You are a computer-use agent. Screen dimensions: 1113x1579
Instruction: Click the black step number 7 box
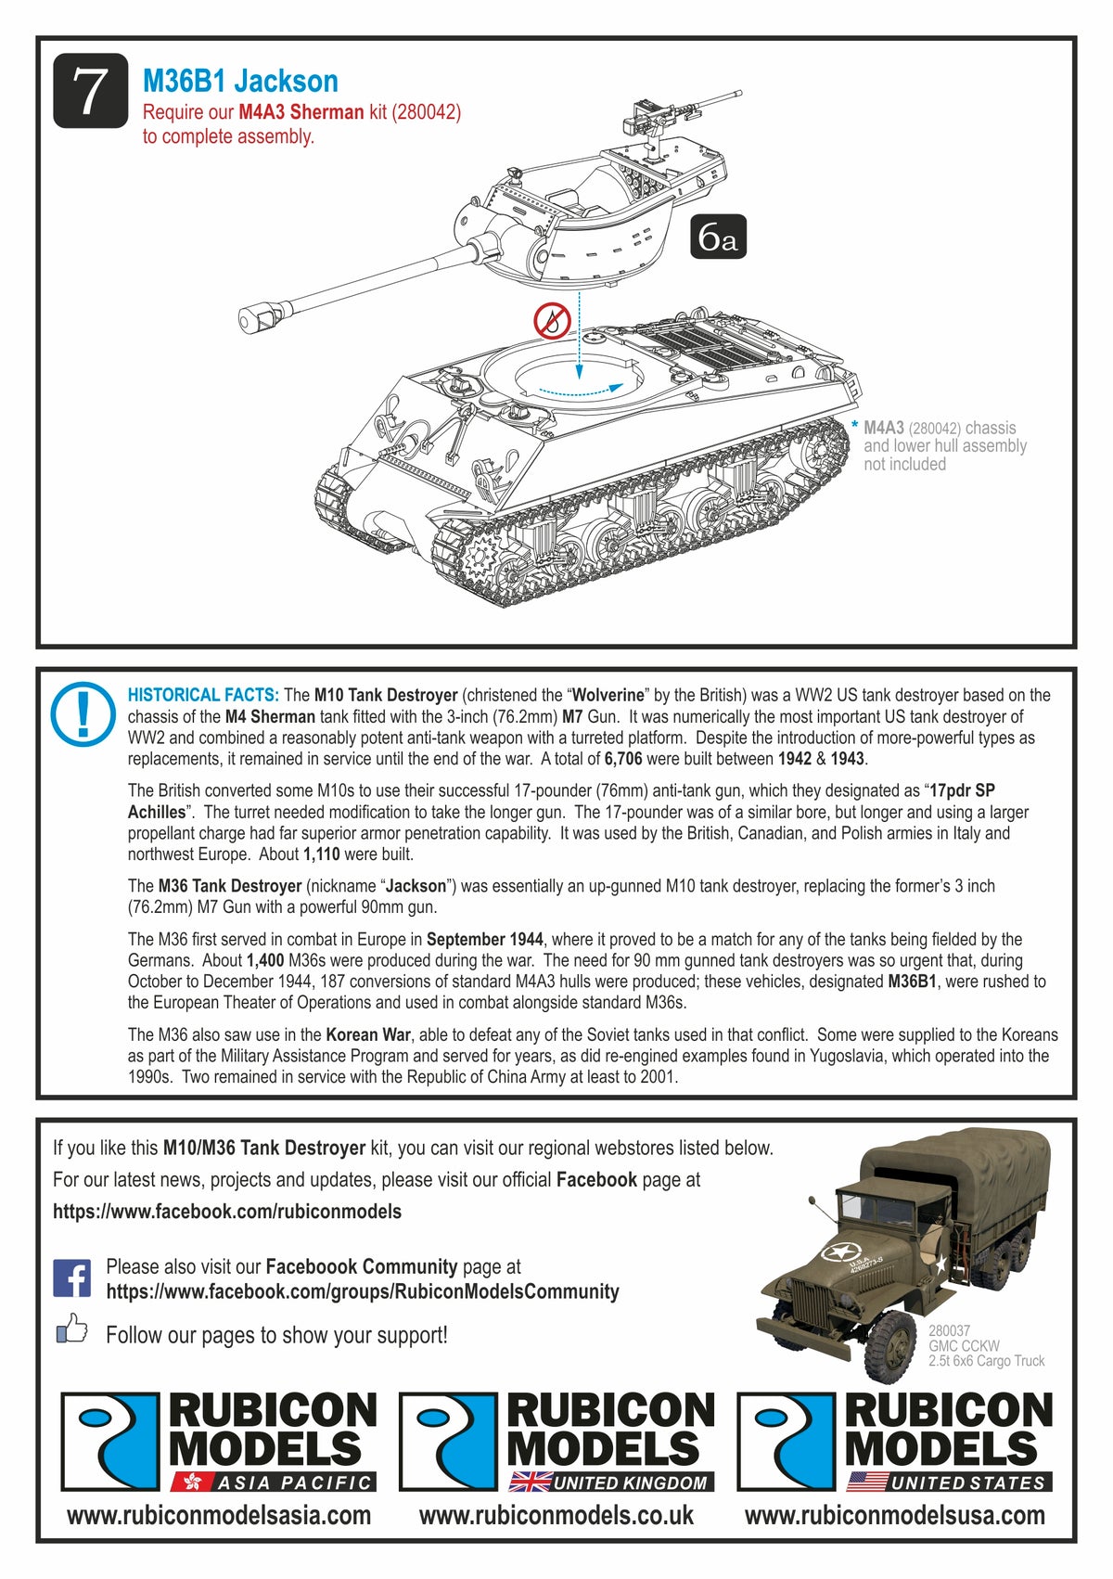click(90, 91)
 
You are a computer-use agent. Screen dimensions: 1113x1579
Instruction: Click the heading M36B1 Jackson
click(240, 81)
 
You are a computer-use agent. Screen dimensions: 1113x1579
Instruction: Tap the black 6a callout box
click(718, 237)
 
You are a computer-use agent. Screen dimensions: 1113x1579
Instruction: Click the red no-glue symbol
click(551, 321)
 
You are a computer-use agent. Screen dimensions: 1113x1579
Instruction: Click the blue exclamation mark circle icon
click(83, 714)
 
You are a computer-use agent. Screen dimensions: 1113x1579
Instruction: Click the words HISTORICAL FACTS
click(203, 695)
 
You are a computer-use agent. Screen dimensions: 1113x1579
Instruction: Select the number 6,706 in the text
click(623, 759)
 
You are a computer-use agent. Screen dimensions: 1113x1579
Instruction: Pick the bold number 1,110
click(322, 854)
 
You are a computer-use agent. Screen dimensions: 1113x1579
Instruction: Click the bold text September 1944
click(485, 940)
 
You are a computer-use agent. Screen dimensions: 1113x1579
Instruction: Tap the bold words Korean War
click(368, 1034)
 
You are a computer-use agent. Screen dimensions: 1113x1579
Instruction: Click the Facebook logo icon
click(72, 1278)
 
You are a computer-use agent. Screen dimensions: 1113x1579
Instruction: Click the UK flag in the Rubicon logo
click(530, 1483)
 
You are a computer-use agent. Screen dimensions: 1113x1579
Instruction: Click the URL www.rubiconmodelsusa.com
click(894, 1516)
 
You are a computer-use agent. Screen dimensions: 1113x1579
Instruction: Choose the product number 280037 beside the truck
click(949, 1330)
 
